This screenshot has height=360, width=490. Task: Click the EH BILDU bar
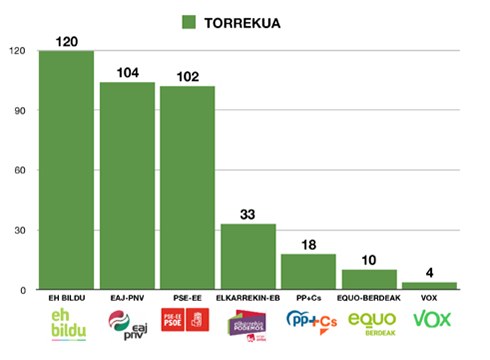point(66,170)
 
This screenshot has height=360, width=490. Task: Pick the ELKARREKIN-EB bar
point(248,257)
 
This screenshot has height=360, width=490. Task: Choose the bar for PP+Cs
point(308,272)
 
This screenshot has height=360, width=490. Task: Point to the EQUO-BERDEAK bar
point(369,280)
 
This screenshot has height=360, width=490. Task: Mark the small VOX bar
point(429,286)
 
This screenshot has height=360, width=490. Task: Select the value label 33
point(248,214)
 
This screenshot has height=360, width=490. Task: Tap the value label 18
point(308,245)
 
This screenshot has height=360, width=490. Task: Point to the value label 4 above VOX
point(430,272)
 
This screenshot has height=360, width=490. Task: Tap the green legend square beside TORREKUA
point(189,22)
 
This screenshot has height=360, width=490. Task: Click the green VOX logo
point(430,321)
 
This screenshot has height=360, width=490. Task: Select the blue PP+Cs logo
point(308,322)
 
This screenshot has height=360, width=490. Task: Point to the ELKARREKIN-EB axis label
point(248,299)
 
